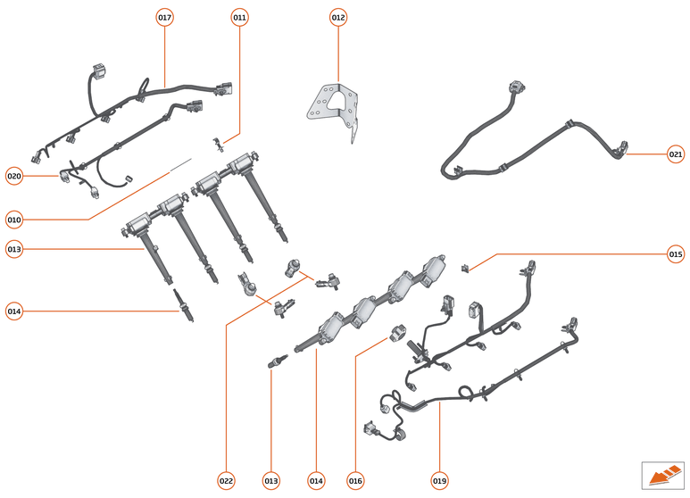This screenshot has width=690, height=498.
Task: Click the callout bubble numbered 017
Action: point(164,18)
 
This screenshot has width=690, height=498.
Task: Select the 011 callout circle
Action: point(239,18)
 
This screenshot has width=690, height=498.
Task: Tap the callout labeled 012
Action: point(338,18)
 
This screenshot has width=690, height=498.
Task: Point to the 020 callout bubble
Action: point(14,176)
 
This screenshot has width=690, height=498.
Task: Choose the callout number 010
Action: point(14,219)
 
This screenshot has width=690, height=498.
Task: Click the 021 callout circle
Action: point(676,154)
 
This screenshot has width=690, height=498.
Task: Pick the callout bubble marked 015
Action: point(676,254)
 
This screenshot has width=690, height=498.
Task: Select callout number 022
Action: point(226,481)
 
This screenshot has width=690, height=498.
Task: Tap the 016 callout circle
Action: point(355,481)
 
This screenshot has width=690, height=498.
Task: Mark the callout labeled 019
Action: point(439,481)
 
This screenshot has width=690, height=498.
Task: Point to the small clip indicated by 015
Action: point(465,266)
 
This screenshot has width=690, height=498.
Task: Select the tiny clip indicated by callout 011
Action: point(217,142)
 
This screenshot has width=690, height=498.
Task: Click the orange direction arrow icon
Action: point(661,475)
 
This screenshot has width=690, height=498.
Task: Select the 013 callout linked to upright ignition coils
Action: point(14,249)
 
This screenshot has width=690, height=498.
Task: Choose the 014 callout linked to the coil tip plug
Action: point(14,311)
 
